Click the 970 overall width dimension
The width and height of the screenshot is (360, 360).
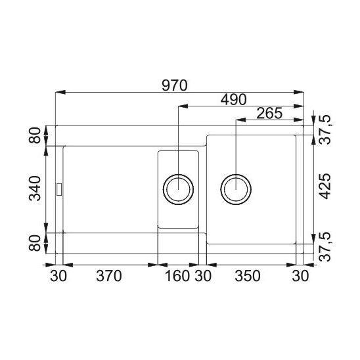click(x=175, y=85)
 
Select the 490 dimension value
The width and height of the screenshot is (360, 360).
click(x=233, y=100)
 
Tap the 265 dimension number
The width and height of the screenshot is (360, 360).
click(x=269, y=113)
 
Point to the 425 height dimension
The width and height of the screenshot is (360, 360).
click(x=326, y=186)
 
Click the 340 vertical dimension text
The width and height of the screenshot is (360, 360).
click(x=35, y=189)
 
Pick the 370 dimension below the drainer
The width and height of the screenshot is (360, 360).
click(x=109, y=276)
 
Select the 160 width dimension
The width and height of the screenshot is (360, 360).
click(x=177, y=276)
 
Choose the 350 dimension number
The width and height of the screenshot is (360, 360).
click(x=248, y=276)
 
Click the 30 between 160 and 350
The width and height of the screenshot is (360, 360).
click(x=203, y=276)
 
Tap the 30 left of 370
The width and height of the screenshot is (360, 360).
click(x=58, y=276)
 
